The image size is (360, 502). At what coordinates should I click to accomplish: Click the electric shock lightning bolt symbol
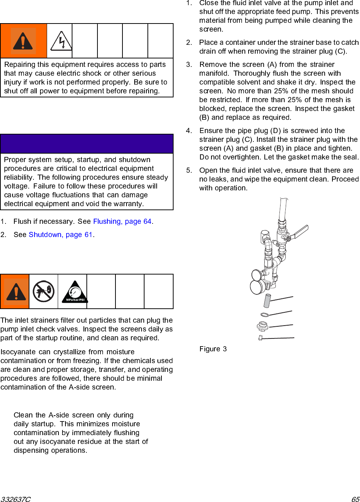61,41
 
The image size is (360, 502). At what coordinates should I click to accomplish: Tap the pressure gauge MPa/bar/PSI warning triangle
75,292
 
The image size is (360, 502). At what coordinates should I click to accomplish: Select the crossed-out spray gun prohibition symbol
43,291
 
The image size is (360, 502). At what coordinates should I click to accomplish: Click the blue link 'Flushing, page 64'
122,221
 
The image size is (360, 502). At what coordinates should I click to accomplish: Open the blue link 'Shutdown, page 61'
61,234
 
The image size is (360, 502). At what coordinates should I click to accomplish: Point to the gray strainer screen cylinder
267,301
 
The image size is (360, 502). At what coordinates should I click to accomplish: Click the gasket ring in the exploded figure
265,315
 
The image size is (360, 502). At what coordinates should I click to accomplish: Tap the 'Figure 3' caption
213,349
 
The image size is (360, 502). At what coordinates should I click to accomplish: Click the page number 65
355,499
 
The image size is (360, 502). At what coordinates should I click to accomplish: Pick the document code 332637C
15,499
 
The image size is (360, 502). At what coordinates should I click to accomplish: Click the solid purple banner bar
87,144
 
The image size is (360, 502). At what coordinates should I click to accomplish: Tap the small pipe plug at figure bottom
260,338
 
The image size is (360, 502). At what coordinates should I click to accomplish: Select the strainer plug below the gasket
263,326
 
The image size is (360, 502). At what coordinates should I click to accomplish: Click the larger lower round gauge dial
257,287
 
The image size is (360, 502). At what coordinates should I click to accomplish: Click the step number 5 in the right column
189,170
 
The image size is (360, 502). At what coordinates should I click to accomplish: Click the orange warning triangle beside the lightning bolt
23,41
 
